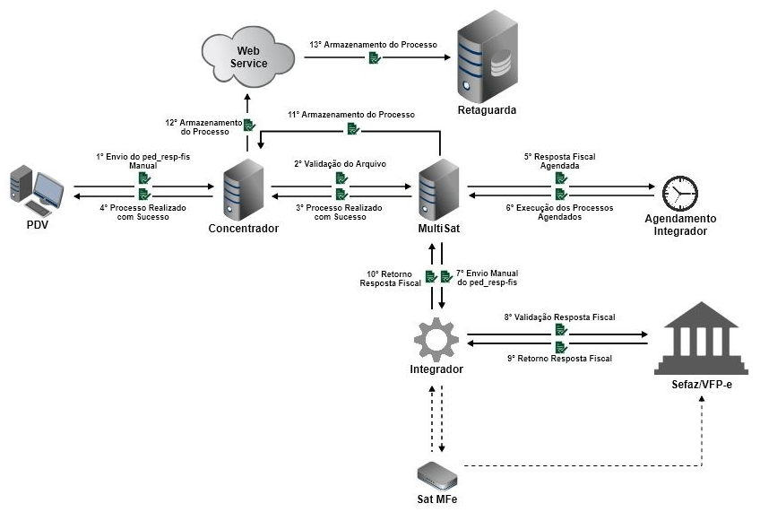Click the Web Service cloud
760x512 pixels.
(x=249, y=56)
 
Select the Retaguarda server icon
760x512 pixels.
(x=488, y=61)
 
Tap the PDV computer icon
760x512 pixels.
(x=37, y=189)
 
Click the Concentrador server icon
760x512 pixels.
(x=243, y=188)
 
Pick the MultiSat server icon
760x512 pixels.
(x=438, y=188)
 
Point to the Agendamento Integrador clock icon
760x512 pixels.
(x=680, y=192)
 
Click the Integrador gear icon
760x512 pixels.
(x=436, y=338)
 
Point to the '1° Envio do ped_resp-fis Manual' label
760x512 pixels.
(x=143, y=161)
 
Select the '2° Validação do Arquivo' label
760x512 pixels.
(x=341, y=165)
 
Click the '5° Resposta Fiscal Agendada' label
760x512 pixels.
(x=560, y=161)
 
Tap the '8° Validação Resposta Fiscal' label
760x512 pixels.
(x=559, y=317)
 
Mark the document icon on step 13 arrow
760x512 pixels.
(x=374, y=57)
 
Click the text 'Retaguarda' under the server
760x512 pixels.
(x=488, y=111)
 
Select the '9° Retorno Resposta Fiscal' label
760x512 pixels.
(x=559, y=359)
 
